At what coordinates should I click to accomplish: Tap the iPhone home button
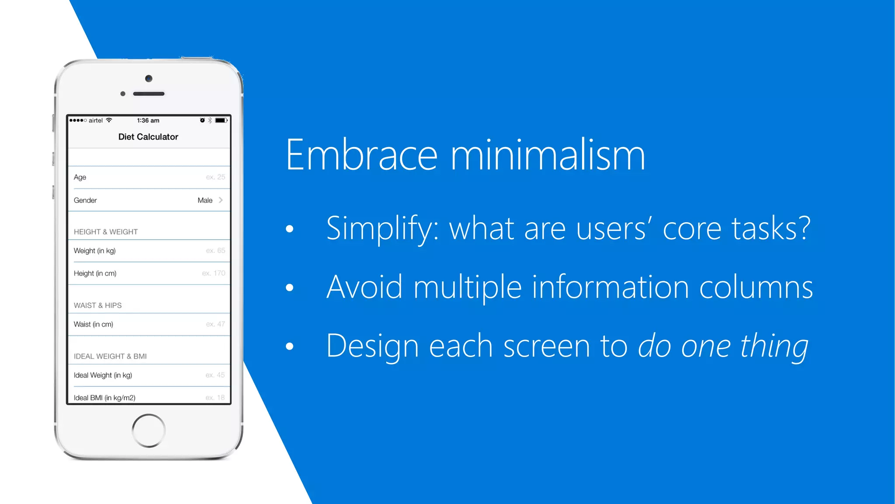(x=149, y=430)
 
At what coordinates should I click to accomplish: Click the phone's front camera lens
(x=149, y=79)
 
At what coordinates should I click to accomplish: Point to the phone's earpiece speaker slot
(x=149, y=94)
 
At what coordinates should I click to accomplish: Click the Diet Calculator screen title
(x=148, y=137)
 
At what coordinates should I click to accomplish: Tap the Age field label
(x=80, y=177)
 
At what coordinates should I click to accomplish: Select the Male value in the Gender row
(x=205, y=200)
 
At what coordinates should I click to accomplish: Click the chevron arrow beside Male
(x=221, y=200)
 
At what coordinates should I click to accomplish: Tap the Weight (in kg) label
(x=94, y=251)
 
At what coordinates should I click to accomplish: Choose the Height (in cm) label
(x=95, y=273)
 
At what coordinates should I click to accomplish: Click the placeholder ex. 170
(x=214, y=273)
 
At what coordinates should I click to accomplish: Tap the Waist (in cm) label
(x=93, y=324)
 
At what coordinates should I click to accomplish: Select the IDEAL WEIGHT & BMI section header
(x=110, y=356)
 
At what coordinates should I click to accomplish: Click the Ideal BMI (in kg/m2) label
(x=104, y=398)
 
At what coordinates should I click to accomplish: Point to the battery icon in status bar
(x=221, y=120)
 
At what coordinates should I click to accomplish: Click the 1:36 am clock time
(x=148, y=120)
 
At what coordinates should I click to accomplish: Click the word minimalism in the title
(x=548, y=155)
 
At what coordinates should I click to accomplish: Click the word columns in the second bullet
(x=756, y=287)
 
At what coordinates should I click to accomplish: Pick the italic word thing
(x=774, y=346)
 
